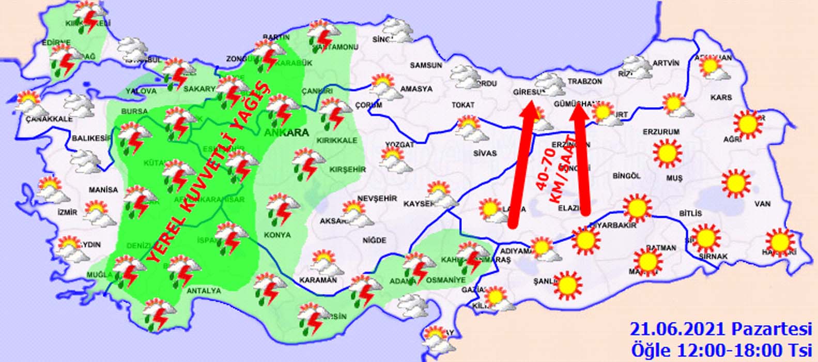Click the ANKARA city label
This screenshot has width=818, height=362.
tap(287, 133)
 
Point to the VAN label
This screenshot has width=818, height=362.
tap(762, 204)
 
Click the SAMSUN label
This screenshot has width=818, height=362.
tap(426, 65)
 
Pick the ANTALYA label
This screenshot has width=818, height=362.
tap(204, 291)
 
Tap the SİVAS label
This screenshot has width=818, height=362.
tap(484, 153)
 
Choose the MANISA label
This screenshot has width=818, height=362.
tap(103, 190)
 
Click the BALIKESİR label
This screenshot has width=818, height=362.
tap(92, 138)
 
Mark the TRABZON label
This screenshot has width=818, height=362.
tap(585, 82)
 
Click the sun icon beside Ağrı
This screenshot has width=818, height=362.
tap(747, 124)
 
